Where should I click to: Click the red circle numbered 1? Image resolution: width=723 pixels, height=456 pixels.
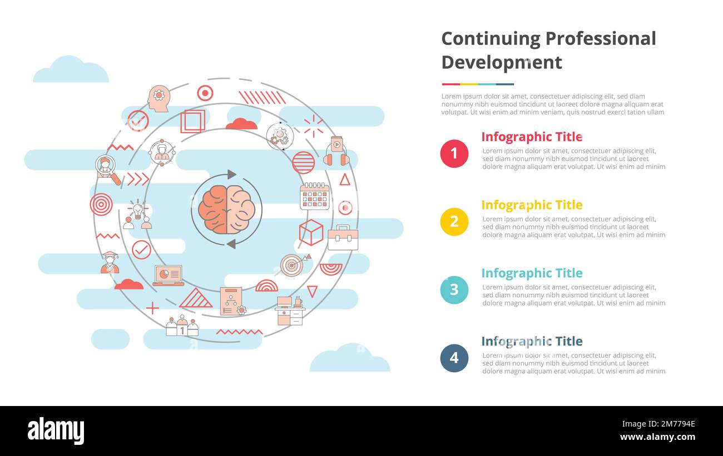tap(454, 153)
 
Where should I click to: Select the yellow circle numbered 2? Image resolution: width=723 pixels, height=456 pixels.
tap(454, 222)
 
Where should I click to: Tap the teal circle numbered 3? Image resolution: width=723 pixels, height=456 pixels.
tap(454, 290)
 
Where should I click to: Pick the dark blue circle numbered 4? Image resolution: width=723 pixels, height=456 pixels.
tap(454, 358)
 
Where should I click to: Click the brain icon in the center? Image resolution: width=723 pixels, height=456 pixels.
tap(226, 209)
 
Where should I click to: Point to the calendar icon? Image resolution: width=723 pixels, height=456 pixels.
tap(315, 196)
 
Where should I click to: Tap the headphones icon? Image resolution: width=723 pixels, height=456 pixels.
tap(336, 152)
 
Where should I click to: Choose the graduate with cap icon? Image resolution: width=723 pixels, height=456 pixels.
tap(110, 263)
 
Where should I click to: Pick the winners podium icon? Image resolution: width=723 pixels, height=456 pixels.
tap(182, 326)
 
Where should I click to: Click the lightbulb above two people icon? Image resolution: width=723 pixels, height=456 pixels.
tap(137, 216)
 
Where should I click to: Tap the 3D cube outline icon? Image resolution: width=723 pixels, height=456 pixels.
tap(311, 232)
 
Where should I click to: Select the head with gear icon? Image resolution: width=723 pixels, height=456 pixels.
tap(159, 98)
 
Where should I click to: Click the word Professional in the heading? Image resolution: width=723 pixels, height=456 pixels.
tap(600, 38)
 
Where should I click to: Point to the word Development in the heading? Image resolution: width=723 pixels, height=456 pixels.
tap(501, 62)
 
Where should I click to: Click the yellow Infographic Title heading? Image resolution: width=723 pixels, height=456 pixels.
tap(531, 205)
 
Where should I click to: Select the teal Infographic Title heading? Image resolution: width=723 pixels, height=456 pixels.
tap(531, 273)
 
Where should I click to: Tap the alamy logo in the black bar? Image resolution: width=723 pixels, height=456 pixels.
tap(56, 431)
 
